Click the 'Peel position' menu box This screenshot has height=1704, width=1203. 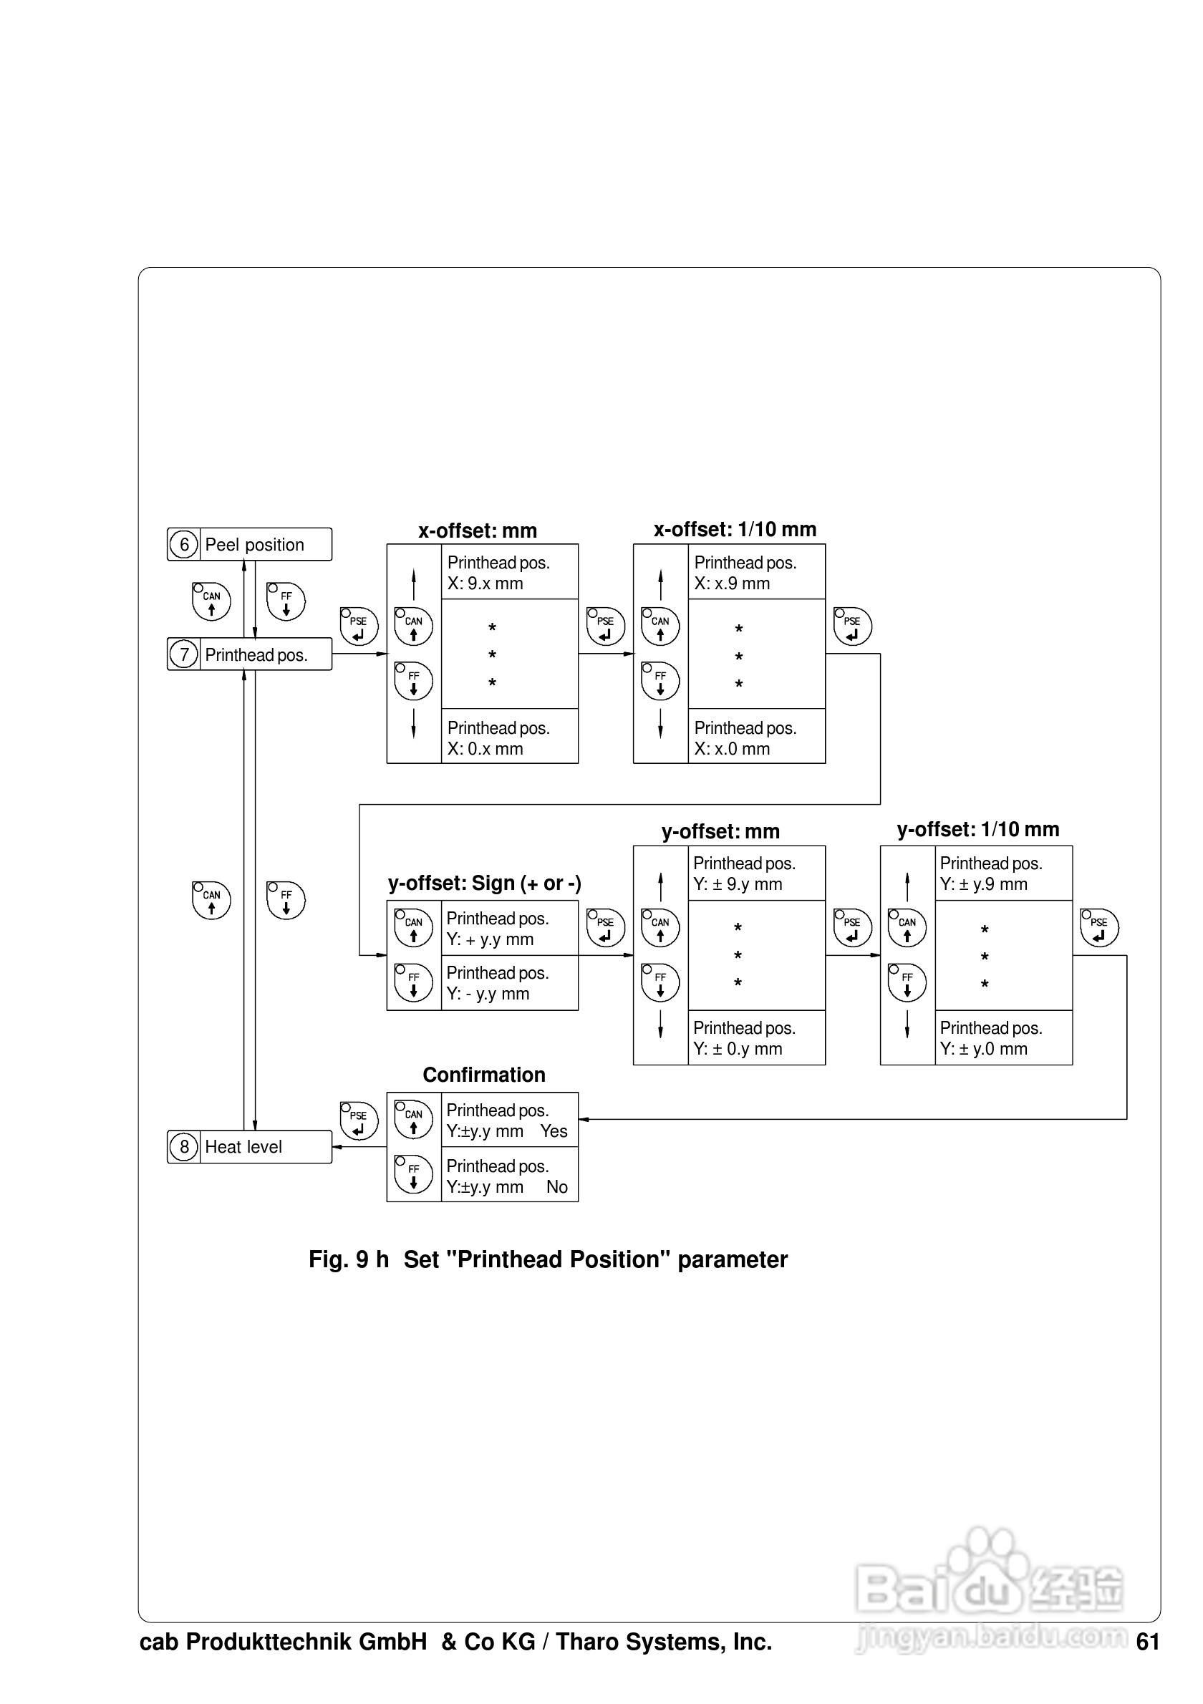[249, 544]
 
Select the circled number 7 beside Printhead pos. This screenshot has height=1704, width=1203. [184, 654]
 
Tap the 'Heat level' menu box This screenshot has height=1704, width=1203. [249, 1147]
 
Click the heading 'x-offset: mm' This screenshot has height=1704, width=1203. [477, 531]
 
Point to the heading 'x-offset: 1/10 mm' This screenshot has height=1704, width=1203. [734, 529]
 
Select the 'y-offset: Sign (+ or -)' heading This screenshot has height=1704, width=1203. [484, 884]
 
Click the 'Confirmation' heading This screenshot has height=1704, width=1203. [484, 1075]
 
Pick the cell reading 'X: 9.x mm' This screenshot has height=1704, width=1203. [485, 584]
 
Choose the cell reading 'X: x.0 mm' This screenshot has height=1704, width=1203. [732, 749]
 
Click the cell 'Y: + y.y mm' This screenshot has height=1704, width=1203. [490, 939]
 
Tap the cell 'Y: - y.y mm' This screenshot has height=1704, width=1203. [488, 994]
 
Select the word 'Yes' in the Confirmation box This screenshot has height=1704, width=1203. [554, 1131]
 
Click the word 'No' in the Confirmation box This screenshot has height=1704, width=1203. [556, 1187]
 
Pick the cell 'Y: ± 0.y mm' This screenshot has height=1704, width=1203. [738, 1049]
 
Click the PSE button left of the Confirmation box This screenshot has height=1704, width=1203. [359, 1120]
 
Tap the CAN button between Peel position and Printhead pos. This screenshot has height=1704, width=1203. [211, 601]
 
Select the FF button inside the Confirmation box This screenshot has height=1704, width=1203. [413, 1174]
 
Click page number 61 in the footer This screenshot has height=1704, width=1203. [1147, 1642]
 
